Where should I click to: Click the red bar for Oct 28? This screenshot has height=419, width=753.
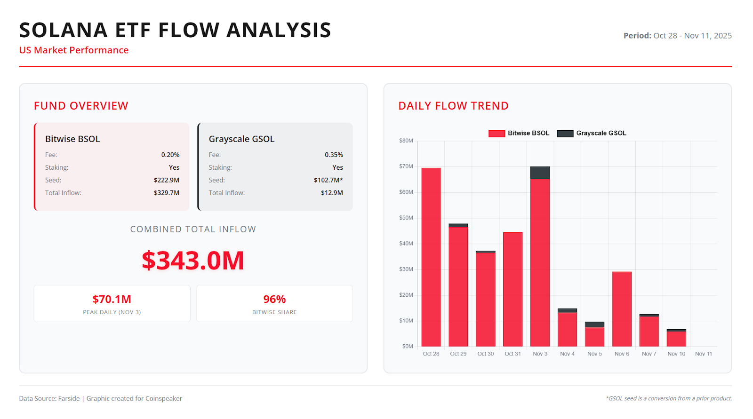click(431, 257)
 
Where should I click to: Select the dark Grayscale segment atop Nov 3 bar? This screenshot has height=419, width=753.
click(540, 173)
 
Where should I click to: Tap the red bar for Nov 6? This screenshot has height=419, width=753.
click(622, 309)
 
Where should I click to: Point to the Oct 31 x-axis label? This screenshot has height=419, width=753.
click(513, 354)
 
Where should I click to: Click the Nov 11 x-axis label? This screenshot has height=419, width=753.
click(703, 354)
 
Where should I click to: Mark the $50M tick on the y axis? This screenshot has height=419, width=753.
click(406, 218)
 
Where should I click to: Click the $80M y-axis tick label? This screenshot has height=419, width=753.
click(406, 141)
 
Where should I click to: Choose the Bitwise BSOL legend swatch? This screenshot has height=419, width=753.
click(497, 134)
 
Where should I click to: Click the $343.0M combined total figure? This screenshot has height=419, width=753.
click(193, 261)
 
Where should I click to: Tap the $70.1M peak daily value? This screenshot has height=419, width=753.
click(112, 299)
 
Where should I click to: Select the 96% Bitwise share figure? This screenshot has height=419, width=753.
click(274, 299)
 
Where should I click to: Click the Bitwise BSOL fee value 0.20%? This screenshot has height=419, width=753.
click(170, 155)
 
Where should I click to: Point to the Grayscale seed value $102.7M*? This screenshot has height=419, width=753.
click(328, 180)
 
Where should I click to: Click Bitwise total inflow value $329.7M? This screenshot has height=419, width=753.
click(166, 193)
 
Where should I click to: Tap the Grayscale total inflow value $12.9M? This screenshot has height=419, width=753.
click(332, 193)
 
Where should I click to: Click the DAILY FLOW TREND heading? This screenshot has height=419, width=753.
click(453, 106)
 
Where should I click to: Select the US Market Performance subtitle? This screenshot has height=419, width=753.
click(74, 50)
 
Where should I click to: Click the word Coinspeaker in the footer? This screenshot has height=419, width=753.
click(163, 398)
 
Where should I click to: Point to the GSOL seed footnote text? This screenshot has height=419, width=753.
click(669, 398)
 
